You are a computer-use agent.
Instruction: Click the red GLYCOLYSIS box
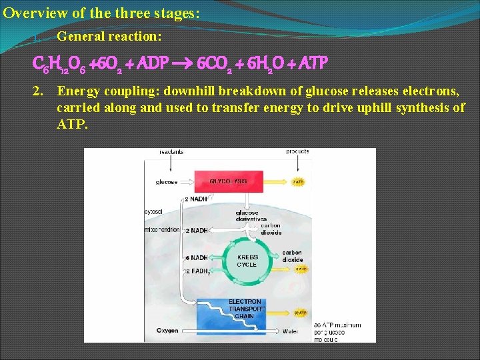click(228, 181)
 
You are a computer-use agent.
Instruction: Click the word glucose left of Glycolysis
click(167, 181)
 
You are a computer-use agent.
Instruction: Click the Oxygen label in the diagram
click(167, 330)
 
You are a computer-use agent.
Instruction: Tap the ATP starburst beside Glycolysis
click(299, 181)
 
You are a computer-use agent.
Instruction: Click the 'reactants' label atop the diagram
click(171, 152)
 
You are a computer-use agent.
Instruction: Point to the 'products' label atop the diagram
click(297, 151)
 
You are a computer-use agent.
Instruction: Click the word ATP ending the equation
click(312, 63)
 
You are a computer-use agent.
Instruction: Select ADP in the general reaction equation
click(156, 63)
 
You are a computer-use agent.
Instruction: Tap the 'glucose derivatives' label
click(251, 216)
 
